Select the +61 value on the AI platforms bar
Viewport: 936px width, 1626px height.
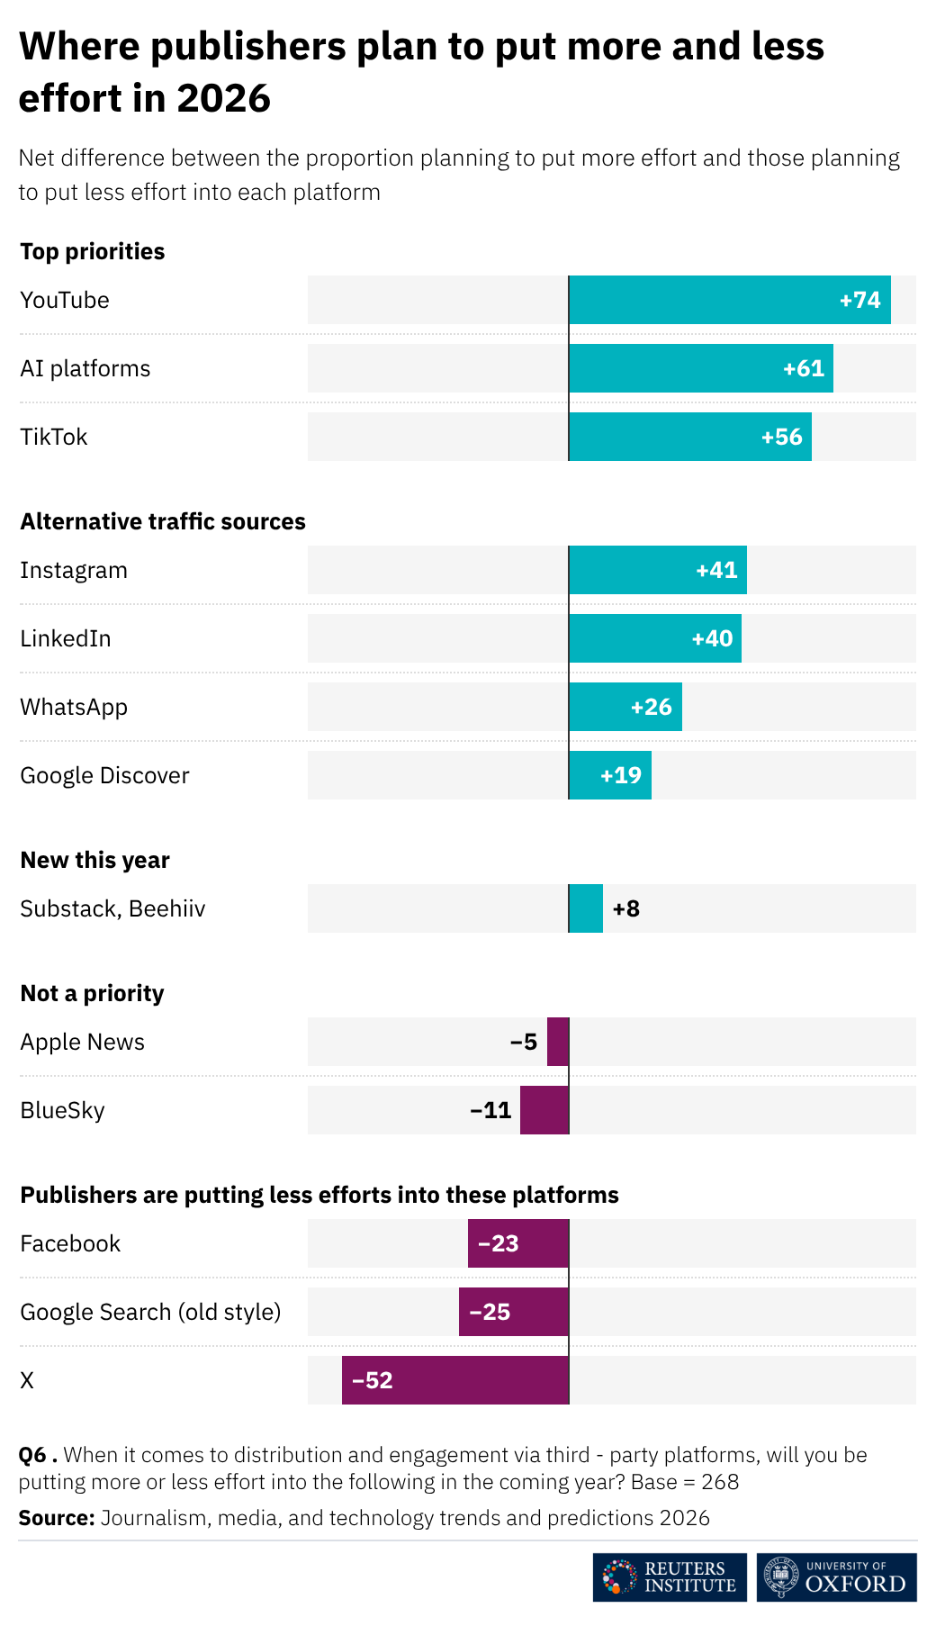[x=804, y=368]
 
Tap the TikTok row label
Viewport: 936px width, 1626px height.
[x=54, y=437]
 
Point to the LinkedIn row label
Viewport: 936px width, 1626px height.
[x=66, y=638]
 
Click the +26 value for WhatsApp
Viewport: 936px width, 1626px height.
[x=652, y=707]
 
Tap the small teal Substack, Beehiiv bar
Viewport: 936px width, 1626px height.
[x=586, y=908]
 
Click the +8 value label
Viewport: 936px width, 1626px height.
[x=626, y=908]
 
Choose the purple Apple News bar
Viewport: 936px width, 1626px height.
[x=558, y=1042]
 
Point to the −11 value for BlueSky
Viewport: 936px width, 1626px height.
[x=491, y=1110]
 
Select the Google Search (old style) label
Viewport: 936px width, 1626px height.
[x=150, y=1312]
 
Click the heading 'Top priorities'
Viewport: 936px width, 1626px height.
[x=93, y=251]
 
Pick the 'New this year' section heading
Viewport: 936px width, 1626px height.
[x=95, y=860]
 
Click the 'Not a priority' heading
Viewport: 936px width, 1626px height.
[x=93, y=993]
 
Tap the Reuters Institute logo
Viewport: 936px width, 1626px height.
[x=670, y=1577]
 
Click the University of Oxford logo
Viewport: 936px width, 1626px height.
[x=836, y=1577]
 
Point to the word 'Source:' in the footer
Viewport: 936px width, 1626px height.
[x=57, y=1518]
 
